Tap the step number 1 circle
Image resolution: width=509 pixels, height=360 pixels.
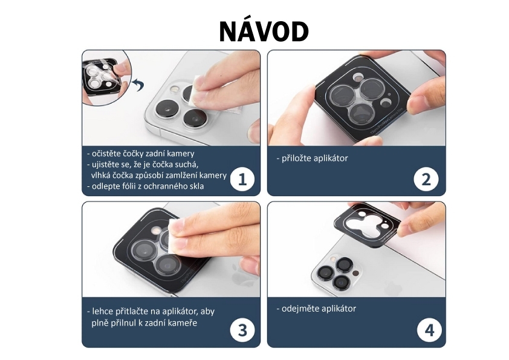click(242, 179)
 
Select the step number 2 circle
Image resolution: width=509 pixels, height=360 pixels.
click(426, 179)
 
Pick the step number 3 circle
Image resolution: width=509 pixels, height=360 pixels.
click(242, 330)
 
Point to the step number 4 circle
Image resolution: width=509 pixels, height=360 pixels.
click(429, 330)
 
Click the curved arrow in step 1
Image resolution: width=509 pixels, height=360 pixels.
click(138, 85)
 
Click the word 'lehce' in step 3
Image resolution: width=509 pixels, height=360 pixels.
click(102, 311)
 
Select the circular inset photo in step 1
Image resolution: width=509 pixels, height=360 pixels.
click(106, 78)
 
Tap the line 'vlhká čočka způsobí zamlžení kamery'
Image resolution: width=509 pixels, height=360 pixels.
click(159, 175)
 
